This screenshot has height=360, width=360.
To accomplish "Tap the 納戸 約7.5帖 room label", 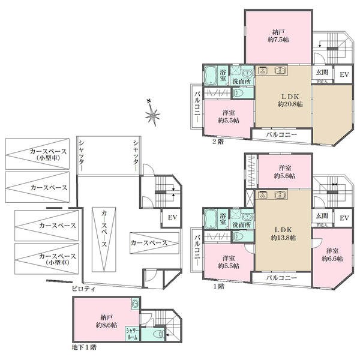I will pyautogui.click(x=277, y=35).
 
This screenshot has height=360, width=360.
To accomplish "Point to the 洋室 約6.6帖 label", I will pyautogui.click(x=331, y=254).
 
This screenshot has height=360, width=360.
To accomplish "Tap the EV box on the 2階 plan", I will pyautogui.click(x=344, y=74).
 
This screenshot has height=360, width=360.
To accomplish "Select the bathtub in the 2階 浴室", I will pyautogui.click(x=210, y=77).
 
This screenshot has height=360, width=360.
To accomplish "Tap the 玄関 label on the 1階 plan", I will pyautogui.click(x=321, y=215).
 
